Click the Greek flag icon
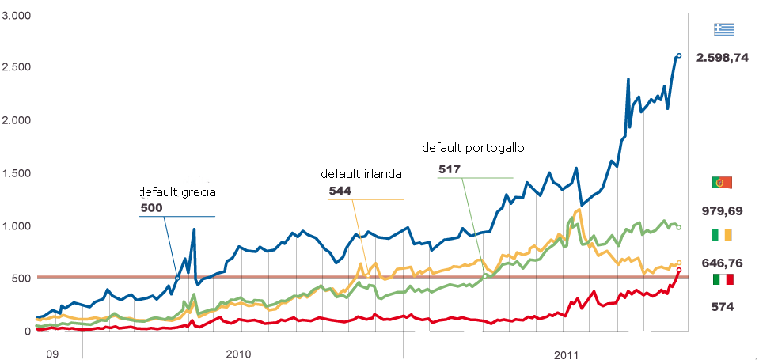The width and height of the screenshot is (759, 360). coord(723,29)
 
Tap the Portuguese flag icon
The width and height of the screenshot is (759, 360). coord(723,183)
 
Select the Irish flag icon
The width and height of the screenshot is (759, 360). coord(723,236)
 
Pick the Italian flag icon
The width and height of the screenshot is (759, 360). coord(723,279)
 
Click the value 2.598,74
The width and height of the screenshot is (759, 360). coord(723,58)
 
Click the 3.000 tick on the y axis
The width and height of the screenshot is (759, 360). coord(16,15)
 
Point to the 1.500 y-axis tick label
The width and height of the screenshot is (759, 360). coord(16,172)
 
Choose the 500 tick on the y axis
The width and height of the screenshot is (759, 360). coord(21,278)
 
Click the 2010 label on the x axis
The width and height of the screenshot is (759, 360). coord(238,352)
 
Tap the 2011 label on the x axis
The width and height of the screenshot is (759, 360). coord(566,352)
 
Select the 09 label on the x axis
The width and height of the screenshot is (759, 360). coord(52,352)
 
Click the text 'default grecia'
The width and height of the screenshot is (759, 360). coord(176,191)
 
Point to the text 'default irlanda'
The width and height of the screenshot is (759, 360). coord(360,174)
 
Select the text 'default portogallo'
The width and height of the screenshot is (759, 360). coord(473,148)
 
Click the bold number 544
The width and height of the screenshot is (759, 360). coord(340,191)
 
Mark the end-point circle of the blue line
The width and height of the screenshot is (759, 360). coord(679,55)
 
